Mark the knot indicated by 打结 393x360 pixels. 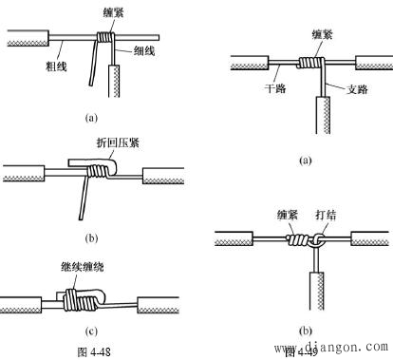pos(314,241)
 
